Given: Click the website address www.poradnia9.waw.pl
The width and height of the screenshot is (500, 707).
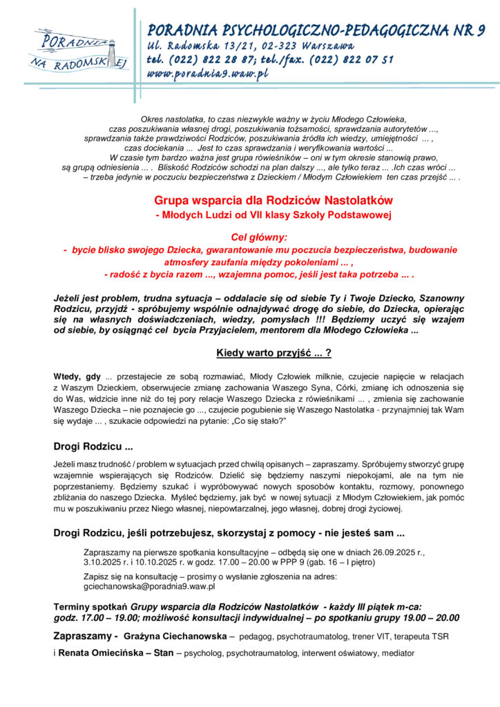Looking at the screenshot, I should pos(207,74).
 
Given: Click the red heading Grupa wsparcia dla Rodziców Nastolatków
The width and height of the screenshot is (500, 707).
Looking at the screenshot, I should pos(273,200).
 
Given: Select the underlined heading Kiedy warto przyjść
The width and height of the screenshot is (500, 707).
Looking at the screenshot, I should pos(273,353).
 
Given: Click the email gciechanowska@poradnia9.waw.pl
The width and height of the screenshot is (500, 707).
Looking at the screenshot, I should pos(149,586).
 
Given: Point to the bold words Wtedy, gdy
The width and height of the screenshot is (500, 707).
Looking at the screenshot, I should pos(77,376).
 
